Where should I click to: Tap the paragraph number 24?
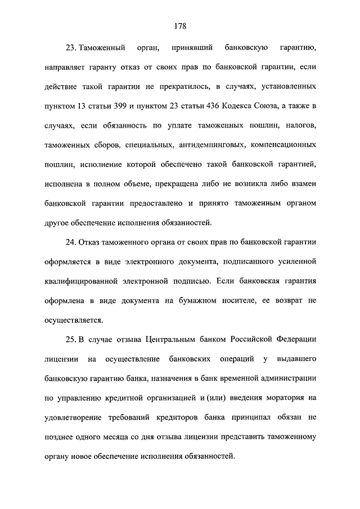73,242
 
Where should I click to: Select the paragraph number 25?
73,340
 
